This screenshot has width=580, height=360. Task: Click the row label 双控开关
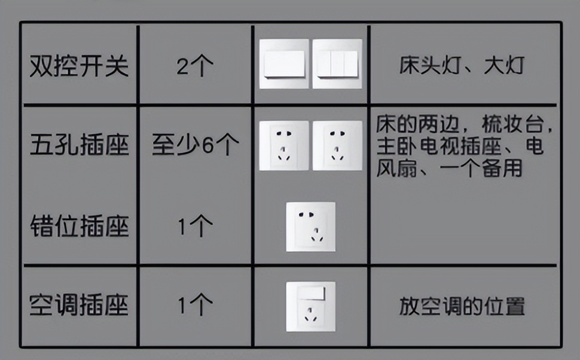[x=79, y=66]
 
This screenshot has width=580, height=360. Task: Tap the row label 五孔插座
[x=79, y=145]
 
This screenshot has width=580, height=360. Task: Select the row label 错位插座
[x=79, y=227]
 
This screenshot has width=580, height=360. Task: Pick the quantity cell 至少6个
[x=195, y=145]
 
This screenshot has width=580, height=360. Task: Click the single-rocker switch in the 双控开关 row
[x=284, y=64]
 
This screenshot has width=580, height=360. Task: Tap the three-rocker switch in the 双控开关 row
[x=337, y=64]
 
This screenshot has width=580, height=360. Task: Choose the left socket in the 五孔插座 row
[x=284, y=145]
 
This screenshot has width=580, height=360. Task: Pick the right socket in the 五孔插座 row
[x=337, y=145]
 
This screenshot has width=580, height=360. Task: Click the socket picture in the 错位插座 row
[x=310, y=227]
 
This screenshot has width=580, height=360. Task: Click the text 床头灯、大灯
[x=462, y=66]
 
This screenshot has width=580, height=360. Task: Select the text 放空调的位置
[x=462, y=306]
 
